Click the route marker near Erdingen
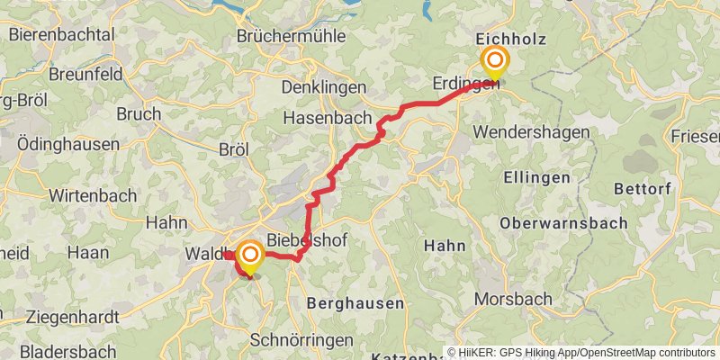click(494, 63)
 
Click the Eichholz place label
click(510, 39)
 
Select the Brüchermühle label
click(288, 37)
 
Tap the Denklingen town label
click(324, 87)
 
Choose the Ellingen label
click(536, 177)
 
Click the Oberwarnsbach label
click(548, 222)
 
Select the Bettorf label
click(643, 189)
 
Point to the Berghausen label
click(355, 303)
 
